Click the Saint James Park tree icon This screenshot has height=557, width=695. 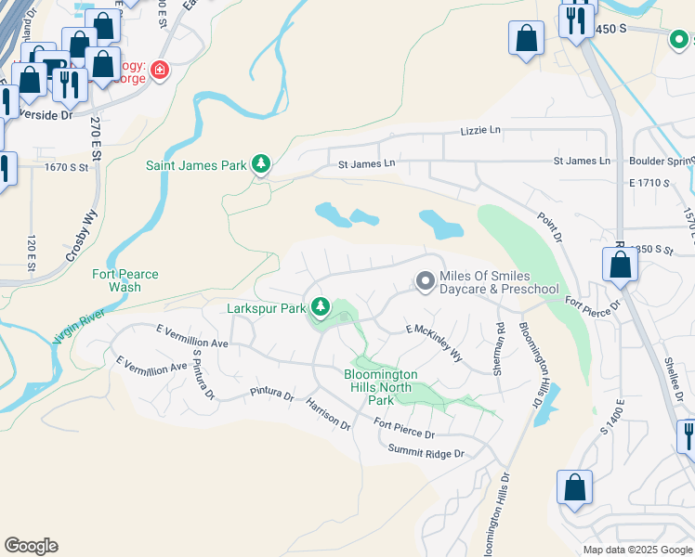coord(261,165)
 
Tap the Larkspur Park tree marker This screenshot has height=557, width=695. coord(321,306)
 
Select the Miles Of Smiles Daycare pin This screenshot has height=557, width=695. coord(426,280)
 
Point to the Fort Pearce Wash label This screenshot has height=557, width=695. coord(125,280)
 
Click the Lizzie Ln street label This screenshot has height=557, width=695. coord(479,132)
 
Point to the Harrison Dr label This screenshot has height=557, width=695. coord(328,415)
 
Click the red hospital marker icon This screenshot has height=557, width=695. coord(160,71)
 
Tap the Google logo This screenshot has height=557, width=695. coord(31,546)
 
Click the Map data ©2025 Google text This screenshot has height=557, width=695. coord(636,550)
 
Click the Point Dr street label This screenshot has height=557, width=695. coord(550,228)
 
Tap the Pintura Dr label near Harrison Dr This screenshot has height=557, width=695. coord(271,394)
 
